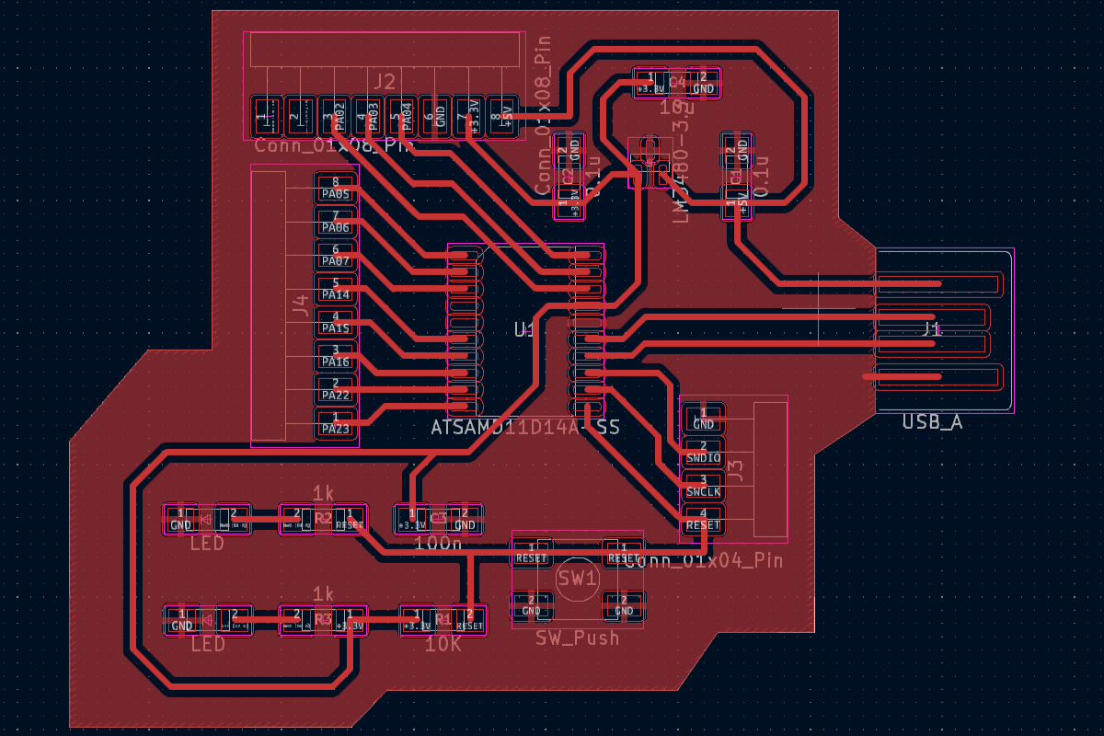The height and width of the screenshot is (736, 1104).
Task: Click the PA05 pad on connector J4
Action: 336,189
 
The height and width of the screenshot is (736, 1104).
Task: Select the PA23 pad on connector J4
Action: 336,423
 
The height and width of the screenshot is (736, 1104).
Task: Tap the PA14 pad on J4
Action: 336,290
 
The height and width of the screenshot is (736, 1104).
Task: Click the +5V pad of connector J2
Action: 500,117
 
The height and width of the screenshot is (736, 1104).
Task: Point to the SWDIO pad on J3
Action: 704,452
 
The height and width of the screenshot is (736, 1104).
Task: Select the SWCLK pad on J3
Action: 704,486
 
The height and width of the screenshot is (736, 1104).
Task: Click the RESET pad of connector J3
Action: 704,520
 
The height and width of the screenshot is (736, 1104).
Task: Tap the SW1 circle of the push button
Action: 578,579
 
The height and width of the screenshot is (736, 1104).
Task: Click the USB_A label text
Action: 932,422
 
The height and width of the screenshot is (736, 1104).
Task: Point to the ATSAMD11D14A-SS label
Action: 525,428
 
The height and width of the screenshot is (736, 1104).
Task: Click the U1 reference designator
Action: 523,329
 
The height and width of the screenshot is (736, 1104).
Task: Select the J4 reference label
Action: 299,306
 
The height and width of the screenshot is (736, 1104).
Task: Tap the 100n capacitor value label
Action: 438,544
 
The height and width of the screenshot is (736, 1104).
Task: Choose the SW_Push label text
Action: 577,638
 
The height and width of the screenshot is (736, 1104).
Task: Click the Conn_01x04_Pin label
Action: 704,560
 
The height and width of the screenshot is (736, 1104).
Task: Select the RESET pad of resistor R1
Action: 469,619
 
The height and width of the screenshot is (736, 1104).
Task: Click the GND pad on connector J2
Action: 435,117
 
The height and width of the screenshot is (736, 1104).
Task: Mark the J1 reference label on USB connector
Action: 932,328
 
